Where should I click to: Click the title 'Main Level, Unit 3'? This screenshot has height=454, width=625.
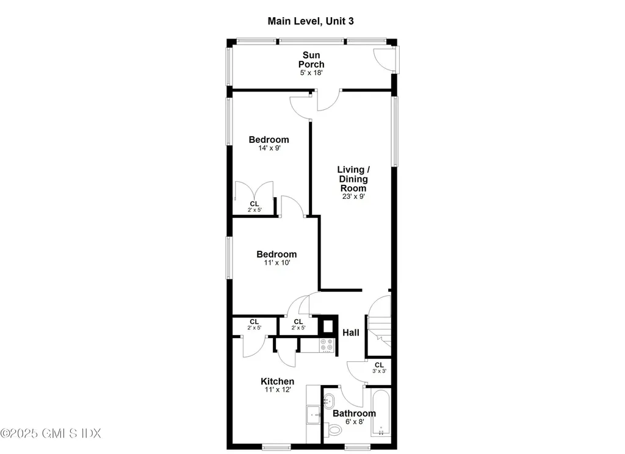click(311, 21)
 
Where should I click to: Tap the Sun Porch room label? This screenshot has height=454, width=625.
click(311, 60)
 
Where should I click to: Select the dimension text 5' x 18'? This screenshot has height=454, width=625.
click(311, 73)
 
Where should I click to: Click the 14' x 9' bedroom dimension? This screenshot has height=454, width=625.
click(269, 148)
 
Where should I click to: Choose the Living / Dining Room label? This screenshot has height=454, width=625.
click(353, 179)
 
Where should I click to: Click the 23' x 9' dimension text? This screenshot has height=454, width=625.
click(353, 196)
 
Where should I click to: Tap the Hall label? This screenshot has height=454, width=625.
click(350, 333)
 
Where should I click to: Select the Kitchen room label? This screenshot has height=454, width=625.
click(277, 381)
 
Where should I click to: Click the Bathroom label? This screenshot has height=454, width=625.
click(354, 414)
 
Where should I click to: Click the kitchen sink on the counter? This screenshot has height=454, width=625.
click(314, 414)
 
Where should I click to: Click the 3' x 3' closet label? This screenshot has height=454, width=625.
click(379, 367)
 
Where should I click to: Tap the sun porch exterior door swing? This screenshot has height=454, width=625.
click(383, 59)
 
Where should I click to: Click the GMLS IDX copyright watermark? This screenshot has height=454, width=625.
click(51, 433)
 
